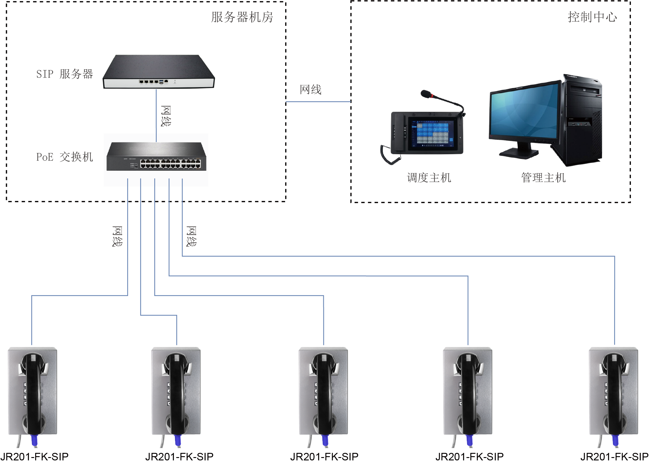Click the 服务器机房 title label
pos(242,17)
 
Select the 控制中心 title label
pos(592,17)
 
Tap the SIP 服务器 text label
pos(65,74)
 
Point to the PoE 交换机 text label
pos(65,157)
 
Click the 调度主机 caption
pos(429,178)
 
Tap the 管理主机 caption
pos(543,178)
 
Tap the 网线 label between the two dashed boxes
pos(311,90)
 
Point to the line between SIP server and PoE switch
pos(156,116)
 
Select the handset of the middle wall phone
pos(324,394)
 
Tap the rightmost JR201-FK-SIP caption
pos(614,457)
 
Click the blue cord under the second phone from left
pos(178,441)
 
